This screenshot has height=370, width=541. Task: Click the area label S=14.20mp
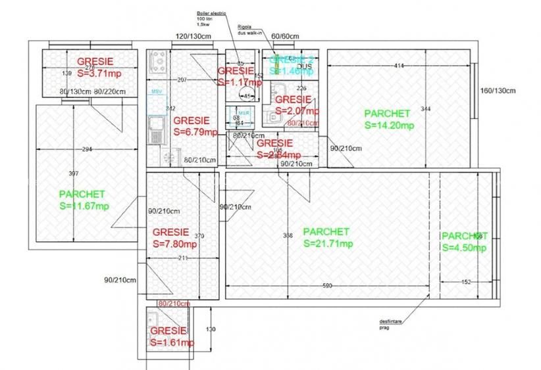tap(389, 125)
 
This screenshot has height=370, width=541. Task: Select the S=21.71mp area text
tap(328, 243)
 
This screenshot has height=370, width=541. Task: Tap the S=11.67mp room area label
tap(84, 206)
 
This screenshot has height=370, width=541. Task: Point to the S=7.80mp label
tap(174, 244)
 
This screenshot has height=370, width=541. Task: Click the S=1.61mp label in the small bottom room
tap(171, 342)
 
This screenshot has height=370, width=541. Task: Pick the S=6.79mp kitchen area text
tap(194, 131)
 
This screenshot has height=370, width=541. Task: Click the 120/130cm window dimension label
tap(192, 36)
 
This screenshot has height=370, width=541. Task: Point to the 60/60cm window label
tap(286, 36)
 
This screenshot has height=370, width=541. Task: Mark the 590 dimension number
tap(327, 286)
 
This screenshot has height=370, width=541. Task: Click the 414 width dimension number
tap(398, 66)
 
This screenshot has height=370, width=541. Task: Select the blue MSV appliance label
tap(156, 91)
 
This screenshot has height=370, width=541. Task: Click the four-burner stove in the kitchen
tap(158, 62)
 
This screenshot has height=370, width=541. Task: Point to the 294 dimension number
tap(87, 150)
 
